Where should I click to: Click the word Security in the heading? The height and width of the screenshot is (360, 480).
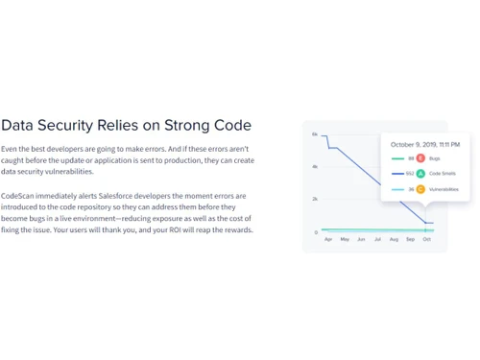click(69, 125)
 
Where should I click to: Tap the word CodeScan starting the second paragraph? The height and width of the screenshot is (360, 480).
click(17, 196)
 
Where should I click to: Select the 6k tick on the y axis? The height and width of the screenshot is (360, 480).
click(314, 134)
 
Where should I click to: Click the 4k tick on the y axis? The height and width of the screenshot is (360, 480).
click(314, 167)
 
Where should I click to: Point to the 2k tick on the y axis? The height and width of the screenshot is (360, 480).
click(314, 200)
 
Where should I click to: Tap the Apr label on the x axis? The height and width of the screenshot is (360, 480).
click(328, 239)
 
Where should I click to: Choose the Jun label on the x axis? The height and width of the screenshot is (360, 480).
click(361, 239)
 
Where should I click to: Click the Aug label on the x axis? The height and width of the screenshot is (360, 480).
click(395, 239)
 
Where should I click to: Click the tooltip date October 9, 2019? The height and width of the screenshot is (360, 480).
click(424, 144)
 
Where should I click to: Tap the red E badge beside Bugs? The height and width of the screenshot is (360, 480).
click(420, 157)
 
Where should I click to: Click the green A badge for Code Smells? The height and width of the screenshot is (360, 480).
click(420, 174)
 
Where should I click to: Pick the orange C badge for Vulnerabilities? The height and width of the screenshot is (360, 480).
click(420, 190)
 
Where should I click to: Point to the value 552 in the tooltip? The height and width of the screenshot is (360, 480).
click(410, 174)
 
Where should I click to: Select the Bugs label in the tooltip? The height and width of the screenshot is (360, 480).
click(434, 157)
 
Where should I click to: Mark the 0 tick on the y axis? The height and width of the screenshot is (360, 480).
click(316, 232)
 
